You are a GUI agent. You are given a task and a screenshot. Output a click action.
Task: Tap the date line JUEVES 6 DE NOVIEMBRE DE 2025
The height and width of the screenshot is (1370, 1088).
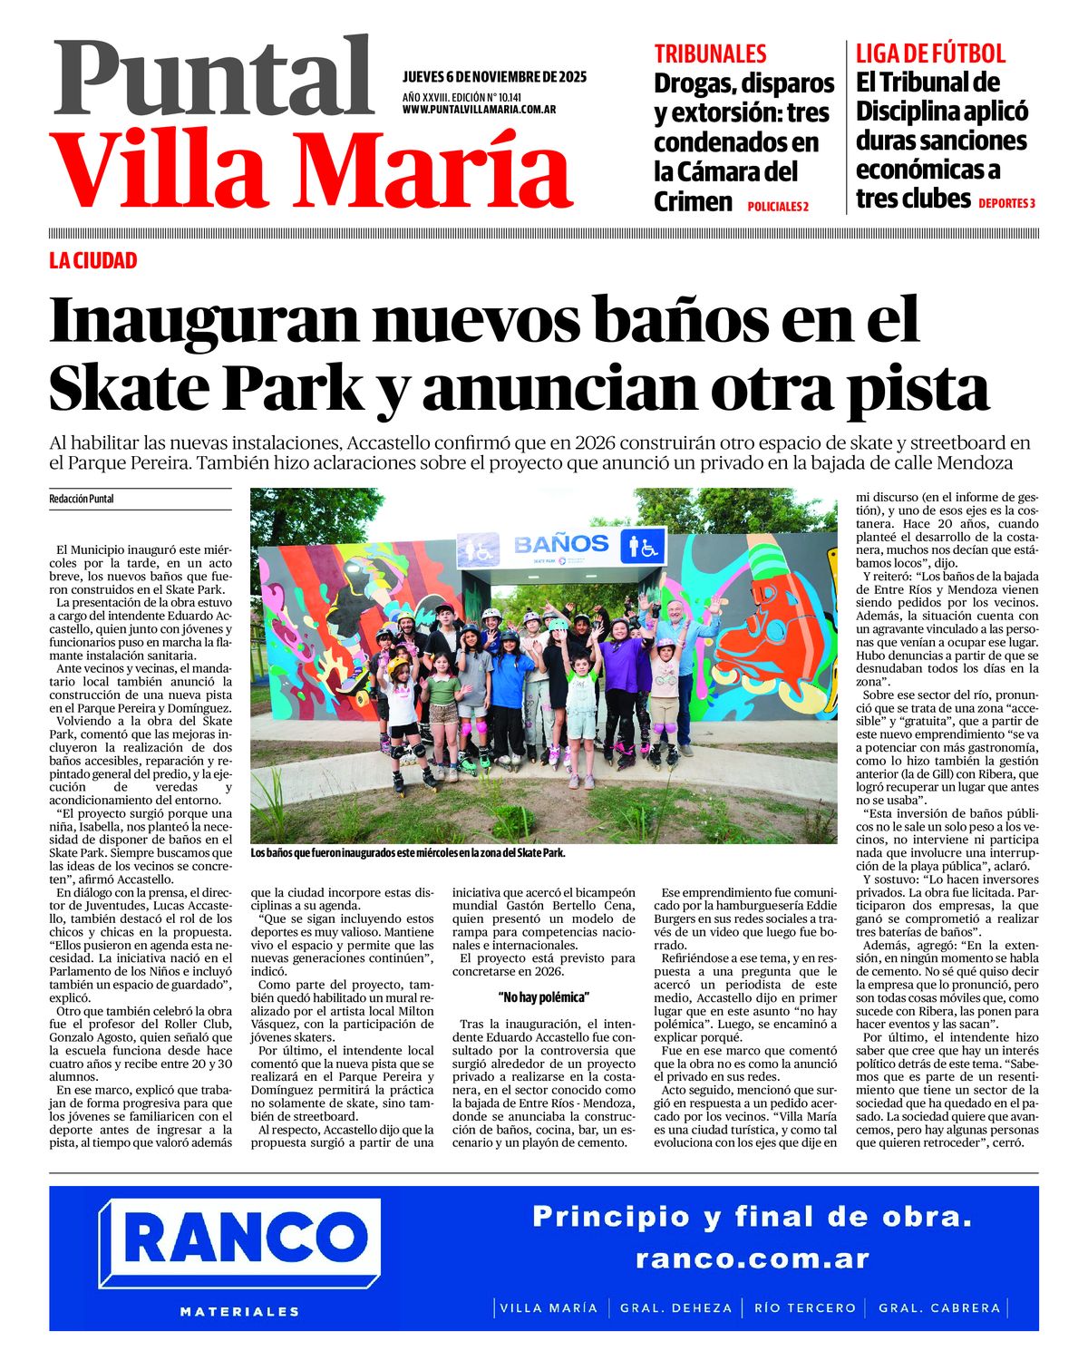point(494,77)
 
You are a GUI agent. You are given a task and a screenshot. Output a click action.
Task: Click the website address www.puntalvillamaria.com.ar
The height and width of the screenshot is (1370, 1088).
point(479,110)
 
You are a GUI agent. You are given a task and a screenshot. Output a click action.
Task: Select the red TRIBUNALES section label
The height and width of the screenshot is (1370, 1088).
point(710,53)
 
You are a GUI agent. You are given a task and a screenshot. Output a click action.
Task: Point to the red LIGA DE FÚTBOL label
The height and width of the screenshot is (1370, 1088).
point(930,53)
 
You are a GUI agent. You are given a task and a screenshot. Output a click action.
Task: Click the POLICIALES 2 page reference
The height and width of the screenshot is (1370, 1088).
point(778,207)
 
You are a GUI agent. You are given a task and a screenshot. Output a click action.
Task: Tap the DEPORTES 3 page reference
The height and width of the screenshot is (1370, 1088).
point(1006,204)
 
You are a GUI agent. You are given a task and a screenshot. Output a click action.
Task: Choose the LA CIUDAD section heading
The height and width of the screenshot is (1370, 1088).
point(93,261)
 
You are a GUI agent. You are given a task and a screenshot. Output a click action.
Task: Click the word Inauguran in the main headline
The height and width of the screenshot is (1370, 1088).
point(203,319)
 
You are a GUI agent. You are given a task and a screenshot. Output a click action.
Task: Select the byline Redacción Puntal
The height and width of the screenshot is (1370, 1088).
point(82,499)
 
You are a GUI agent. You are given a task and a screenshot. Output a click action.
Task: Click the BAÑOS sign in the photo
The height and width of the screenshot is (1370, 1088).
point(561,544)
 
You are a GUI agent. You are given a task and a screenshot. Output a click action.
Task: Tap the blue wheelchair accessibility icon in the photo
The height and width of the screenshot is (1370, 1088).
point(643,547)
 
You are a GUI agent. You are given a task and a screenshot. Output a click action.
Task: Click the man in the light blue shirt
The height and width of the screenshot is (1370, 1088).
point(676,653)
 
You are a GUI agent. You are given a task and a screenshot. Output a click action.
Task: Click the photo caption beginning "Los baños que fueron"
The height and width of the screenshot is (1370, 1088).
point(408,853)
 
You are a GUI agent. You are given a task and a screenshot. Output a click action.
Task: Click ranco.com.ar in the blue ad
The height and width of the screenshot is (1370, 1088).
point(752,1258)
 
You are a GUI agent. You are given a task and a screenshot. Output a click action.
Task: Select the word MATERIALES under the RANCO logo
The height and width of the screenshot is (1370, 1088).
point(240,1311)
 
